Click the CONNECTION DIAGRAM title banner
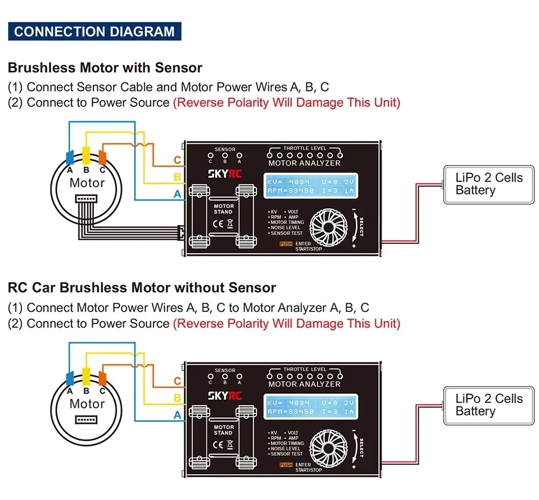coord(94,31)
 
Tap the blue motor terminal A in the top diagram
coord(70,157)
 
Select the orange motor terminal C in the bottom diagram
coord(102,378)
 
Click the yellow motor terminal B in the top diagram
coord(86,155)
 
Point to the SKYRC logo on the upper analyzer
coord(225,174)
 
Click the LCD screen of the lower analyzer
coord(311,407)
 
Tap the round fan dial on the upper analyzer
coord(328,227)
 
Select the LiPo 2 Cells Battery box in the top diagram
coord(489,184)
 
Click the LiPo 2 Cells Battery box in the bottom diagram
coord(489,406)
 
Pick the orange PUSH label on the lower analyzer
coord(286,464)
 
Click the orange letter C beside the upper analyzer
coord(177,160)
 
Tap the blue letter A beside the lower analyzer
coord(177,415)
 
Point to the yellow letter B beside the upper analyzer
coord(177,177)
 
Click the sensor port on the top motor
coord(86,199)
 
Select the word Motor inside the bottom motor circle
coord(87,404)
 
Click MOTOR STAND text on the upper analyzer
coord(224,209)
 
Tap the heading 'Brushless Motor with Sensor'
coord(105,68)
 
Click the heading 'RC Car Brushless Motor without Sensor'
coord(142,288)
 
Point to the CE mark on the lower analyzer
coord(218,445)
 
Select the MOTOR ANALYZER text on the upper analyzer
coord(304,163)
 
